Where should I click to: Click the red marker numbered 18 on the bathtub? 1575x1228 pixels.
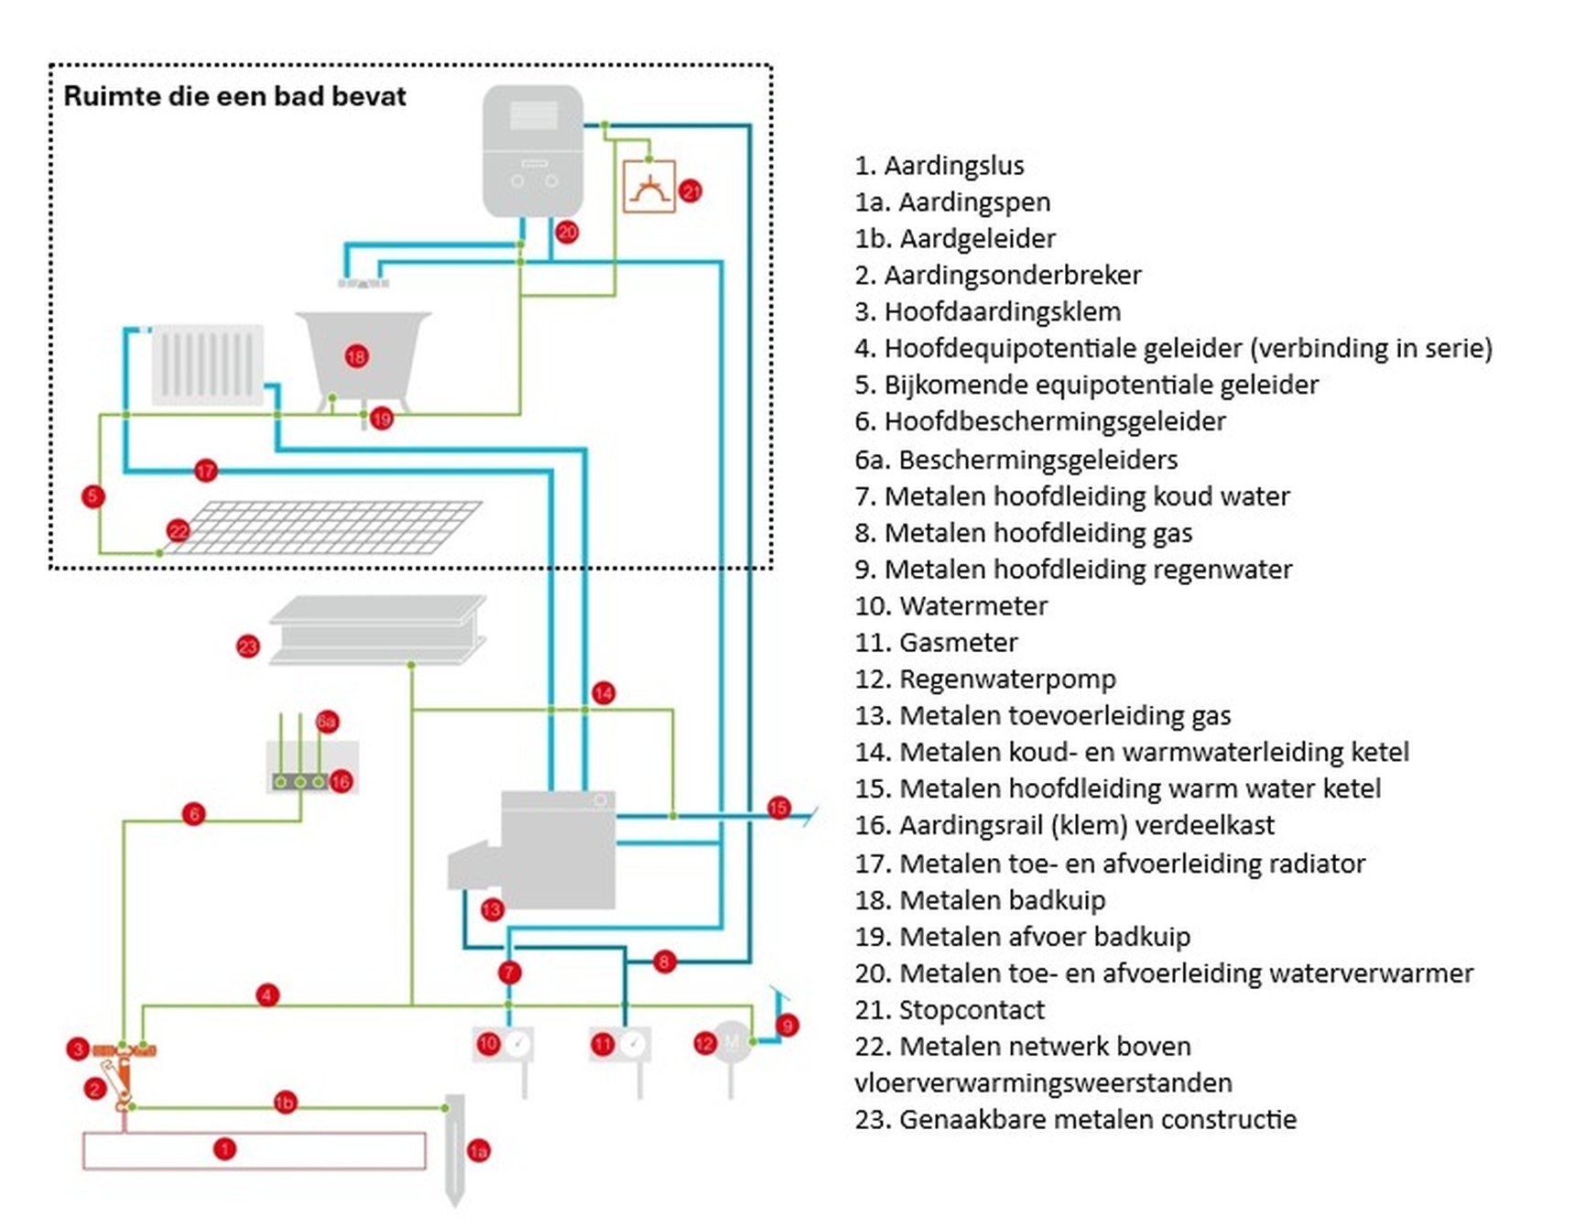click(356, 356)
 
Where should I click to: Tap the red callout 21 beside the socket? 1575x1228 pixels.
click(690, 191)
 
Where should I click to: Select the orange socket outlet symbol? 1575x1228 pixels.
click(649, 187)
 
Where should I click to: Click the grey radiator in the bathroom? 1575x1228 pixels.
click(208, 364)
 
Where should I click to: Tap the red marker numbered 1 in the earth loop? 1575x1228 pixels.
click(224, 1148)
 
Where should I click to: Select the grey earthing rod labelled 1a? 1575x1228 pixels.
click(454, 1149)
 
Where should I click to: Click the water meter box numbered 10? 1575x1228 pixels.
click(503, 1043)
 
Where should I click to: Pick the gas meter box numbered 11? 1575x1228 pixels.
click(619, 1044)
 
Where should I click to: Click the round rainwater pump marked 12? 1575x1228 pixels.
click(732, 1042)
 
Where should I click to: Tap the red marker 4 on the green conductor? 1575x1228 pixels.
click(266, 994)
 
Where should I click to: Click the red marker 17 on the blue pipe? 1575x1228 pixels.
click(205, 471)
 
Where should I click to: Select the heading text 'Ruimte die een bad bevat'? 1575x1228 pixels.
click(234, 96)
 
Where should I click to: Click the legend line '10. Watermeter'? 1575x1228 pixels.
click(950, 606)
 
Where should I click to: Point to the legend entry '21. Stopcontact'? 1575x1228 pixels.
click(949, 1010)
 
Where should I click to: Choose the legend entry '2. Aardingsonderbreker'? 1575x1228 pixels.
click(997, 275)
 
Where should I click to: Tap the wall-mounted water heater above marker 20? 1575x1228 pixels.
click(533, 151)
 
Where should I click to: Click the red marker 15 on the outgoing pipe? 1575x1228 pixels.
click(778, 808)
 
